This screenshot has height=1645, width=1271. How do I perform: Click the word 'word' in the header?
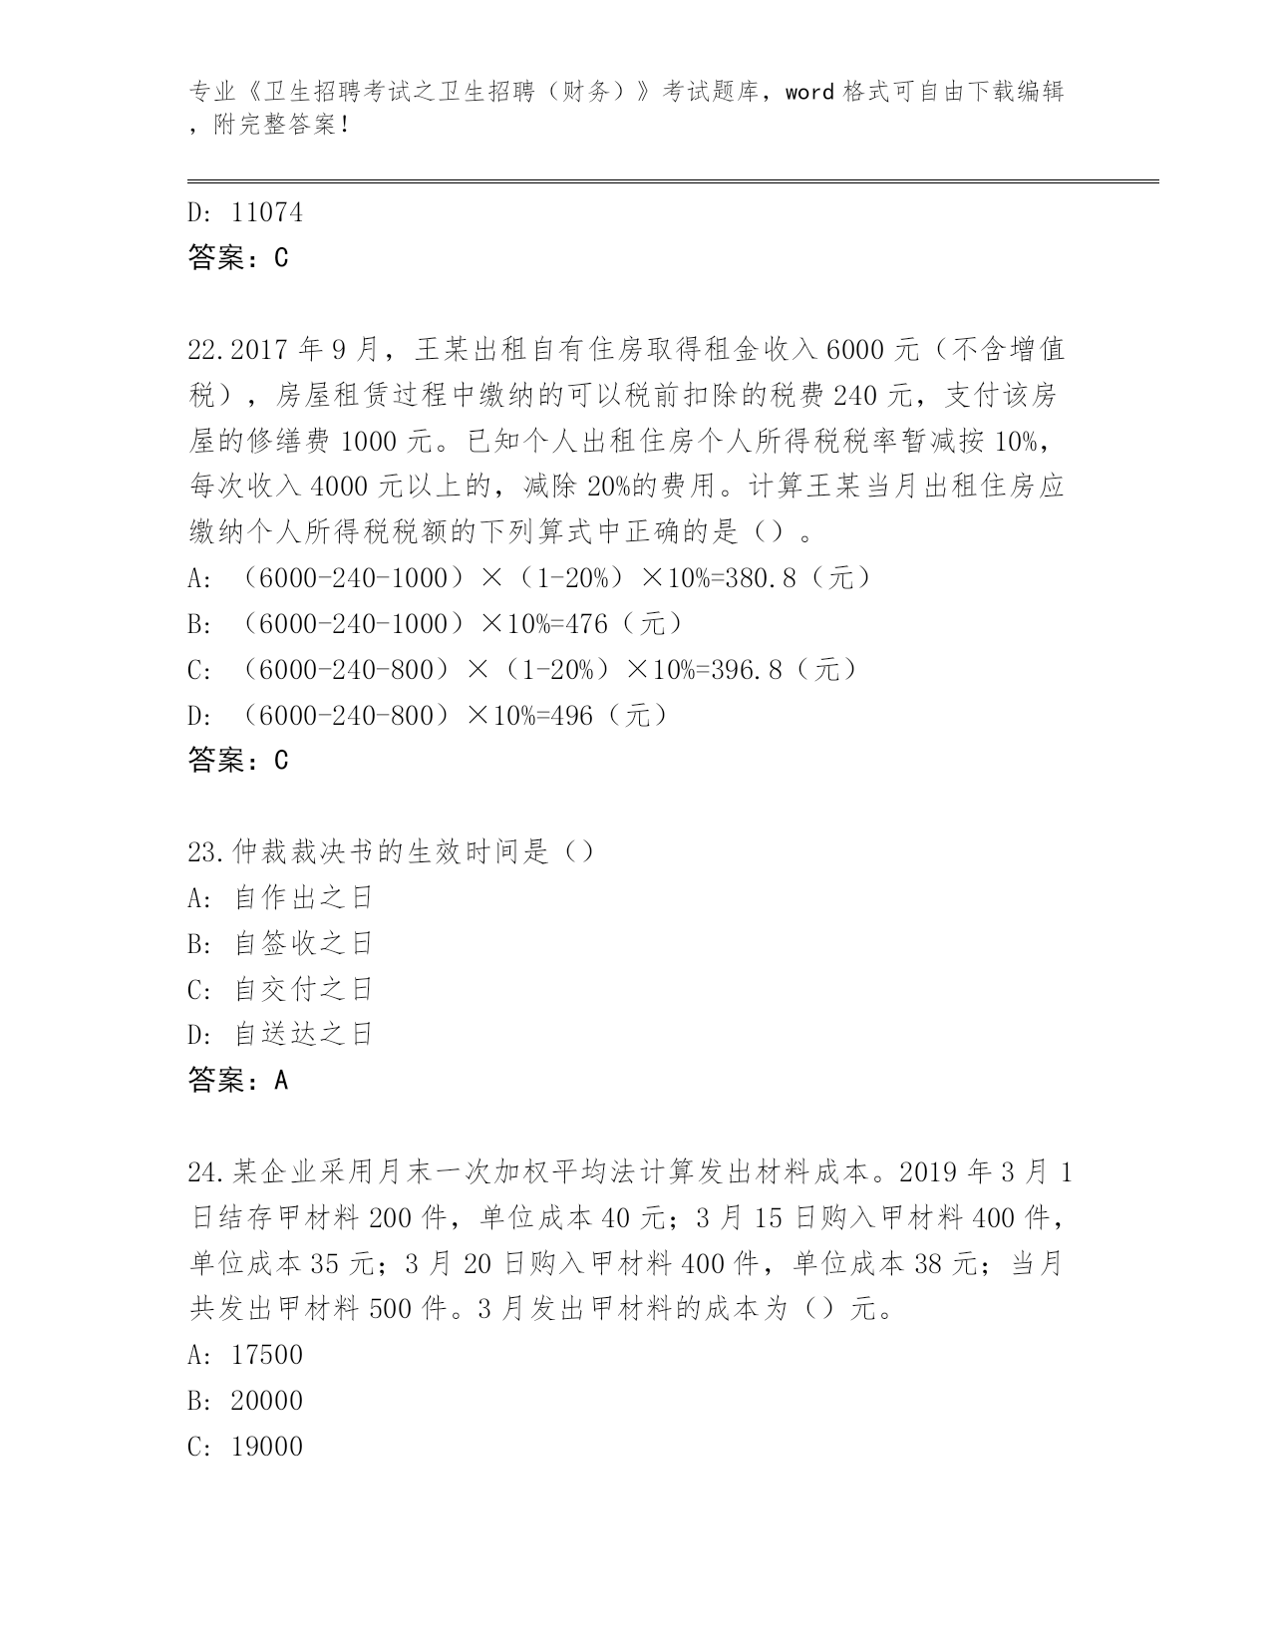click(x=809, y=93)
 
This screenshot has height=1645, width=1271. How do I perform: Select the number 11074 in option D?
click(x=266, y=212)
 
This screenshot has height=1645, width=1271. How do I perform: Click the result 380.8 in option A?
click(x=761, y=578)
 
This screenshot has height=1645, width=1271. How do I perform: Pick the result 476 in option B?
click(x=586, y=624)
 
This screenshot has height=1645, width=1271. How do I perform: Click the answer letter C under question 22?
click(x=280, y=762)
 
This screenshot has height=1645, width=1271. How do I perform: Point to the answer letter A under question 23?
click(x=280, y=1081)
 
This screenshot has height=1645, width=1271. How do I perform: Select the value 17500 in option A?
click(x=266, y=1356)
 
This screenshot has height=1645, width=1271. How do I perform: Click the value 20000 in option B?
click(x=266, y=1402)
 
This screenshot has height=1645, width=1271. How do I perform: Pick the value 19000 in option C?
click(x=266, y=1448)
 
